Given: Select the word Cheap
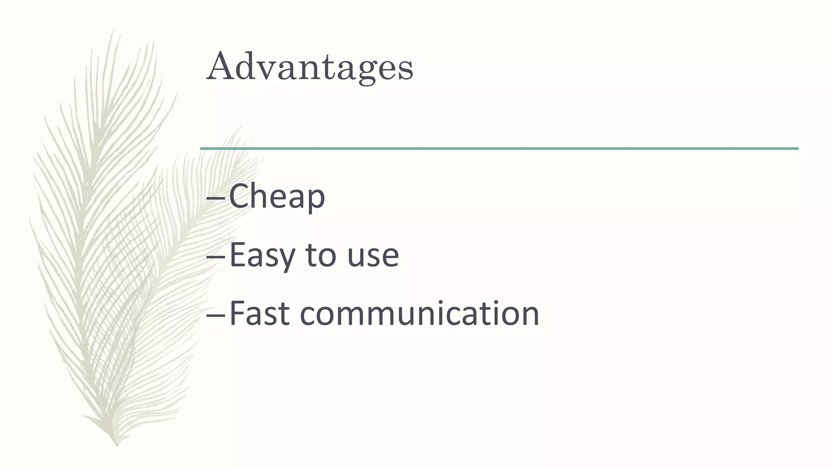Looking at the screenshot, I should (277, 197).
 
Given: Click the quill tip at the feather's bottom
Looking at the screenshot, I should (118, 444).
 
